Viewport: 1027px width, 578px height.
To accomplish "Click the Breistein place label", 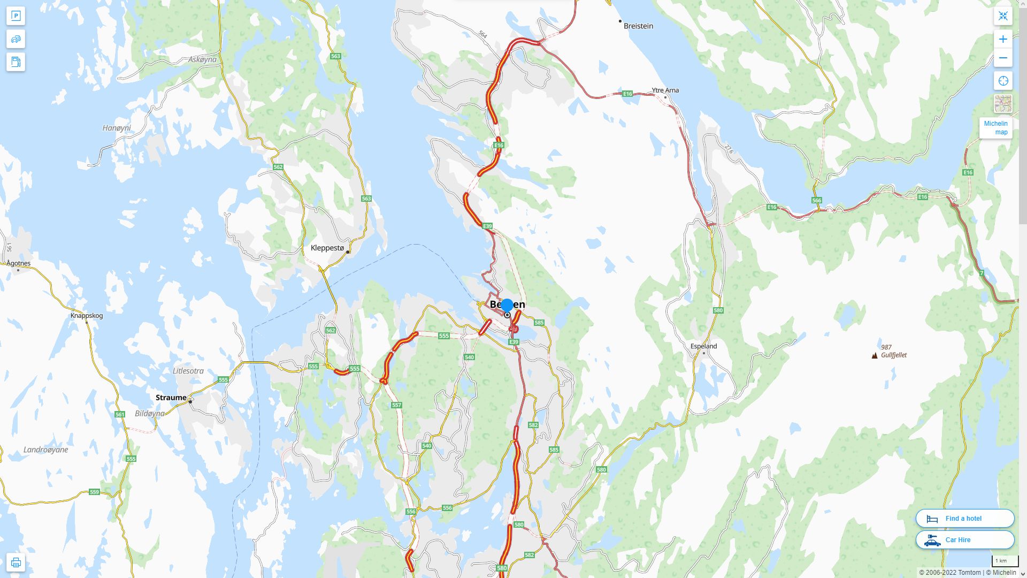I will click(x=638, y=26).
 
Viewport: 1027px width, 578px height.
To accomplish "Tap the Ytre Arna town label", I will click(x=665, y=90).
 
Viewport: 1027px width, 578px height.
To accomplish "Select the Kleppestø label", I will click(x=327, y=248).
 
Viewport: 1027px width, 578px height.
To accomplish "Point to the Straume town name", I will click(x=171, y=397).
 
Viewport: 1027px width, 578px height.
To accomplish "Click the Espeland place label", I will click(x=703, y=346).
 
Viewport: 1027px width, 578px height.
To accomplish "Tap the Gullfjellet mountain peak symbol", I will click(x=875, y=355).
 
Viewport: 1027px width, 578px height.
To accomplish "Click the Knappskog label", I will click(x=87, y=315).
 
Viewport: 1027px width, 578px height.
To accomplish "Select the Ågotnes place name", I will click(x=19, y=263).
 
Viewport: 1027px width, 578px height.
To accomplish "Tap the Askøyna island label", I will click(x=202, y=59).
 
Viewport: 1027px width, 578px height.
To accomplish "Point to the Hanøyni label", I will click(x=117, y=128).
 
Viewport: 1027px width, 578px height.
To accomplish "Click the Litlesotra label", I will click(x=188, y=370).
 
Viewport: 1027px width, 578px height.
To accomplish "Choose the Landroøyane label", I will click(x=45, y=450).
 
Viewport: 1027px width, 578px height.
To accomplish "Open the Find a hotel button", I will click(x=964, y=518).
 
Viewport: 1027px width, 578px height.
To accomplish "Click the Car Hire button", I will click(x=964, y=539).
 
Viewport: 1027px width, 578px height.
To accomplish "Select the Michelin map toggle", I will click(x=995, y=128).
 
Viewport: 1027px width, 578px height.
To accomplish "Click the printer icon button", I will click(x=16, y=562).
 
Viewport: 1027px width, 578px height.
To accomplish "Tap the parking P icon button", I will click(x=16, y=16).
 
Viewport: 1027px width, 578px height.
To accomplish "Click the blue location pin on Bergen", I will click(x=507, y=306).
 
